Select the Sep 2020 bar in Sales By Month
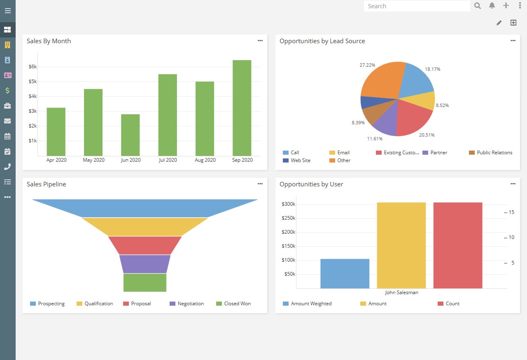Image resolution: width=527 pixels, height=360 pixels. click(x=242, y=108)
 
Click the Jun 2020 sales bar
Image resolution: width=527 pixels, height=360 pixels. click(x=130, y=135)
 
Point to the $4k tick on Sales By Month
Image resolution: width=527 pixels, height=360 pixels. click(x=33, y=96)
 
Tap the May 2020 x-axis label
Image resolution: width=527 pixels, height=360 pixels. click(x=93, y=160)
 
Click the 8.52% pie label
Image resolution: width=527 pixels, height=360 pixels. click(x=442, y=105)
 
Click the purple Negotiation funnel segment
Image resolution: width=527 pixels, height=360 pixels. click(x=145, y=264)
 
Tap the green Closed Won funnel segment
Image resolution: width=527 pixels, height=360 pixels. click(x=145, y=282)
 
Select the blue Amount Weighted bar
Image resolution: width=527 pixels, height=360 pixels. click(x=345, y=273)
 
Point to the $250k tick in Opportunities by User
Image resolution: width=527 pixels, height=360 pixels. click(x=288, y=218)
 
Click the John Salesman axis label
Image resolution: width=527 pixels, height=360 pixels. click(x=401, y=293)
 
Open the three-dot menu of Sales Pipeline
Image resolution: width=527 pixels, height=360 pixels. click(x=260, y=184)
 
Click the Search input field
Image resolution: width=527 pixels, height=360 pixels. click(x=417, y=6)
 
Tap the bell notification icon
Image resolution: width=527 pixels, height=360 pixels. click(x=492, y=6)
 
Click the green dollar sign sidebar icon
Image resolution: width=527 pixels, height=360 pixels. click(x=7, y=91)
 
